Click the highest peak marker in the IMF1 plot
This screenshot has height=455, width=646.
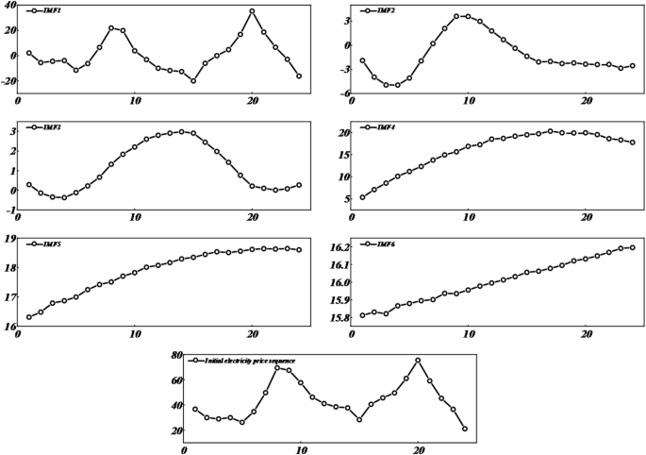pyautogui.click(x=252, y=11)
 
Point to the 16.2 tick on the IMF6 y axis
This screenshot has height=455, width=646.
pyautogui.click(x=336, y=247)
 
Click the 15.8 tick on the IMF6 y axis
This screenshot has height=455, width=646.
pyautogui.click(x=336, y=318)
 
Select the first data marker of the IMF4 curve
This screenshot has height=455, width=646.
pyautogui.click(x=363, y=197)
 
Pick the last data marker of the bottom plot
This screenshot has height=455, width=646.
pyautogui.click(x=465, y=429)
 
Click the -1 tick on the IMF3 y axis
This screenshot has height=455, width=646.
pyautogui.click(x=11, y=210)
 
